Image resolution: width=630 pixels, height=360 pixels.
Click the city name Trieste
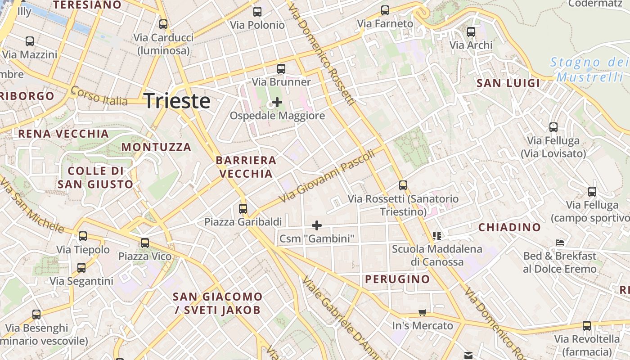click(x=177, y=101)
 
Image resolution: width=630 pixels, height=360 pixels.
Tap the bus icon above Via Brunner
click(x=281, y=69)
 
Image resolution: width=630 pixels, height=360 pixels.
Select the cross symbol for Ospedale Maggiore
click(x=277, y=102)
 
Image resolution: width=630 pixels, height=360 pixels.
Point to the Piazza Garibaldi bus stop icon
click(x=243, y=208)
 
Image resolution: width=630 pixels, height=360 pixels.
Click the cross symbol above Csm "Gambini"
click(x=317, y=225)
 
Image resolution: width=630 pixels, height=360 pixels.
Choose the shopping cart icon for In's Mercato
click(x=422, y=312)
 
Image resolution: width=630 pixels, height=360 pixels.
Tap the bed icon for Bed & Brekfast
click(x=560, y=242)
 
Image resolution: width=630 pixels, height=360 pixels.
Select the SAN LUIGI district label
click(x=508, y=83)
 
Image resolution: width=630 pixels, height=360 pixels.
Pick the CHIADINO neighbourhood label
click(x=509, y=227)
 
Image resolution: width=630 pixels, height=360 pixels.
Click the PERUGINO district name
click(x=397, y=279)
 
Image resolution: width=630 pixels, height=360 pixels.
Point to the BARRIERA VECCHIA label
click(x=246, y=167)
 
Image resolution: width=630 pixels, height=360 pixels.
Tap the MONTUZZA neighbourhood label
click(x=156, y=147)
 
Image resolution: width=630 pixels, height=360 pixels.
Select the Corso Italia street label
click(x=99, y=96)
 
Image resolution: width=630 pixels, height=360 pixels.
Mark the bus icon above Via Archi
click(x=471, y=32)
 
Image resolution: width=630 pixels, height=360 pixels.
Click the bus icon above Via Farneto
click(x=385, y=10)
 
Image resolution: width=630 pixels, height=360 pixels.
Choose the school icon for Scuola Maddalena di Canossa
click(x=436, y=235)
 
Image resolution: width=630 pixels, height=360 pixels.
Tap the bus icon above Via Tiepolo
click(x=83, y=236)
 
